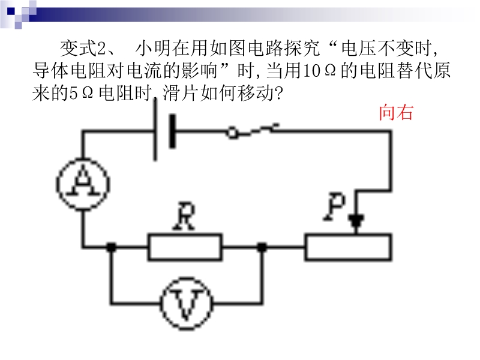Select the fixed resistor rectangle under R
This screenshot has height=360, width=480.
pos(185,247)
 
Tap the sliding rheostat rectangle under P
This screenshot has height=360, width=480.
pos(348,247)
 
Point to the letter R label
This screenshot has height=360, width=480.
pos(184,218)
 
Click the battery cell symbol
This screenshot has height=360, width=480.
pos(164,131)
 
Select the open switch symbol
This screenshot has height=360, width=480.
pos(252,131)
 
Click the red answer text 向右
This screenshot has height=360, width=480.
pos(395,112)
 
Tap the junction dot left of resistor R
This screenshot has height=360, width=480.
pos(111,247)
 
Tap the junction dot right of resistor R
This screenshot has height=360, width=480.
pos(262,247)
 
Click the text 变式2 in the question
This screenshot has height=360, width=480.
pos(83,47)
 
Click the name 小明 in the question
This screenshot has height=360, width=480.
pos(152,47)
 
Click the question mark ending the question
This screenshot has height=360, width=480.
pos(277,94)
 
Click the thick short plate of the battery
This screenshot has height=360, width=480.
pos(173,131)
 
